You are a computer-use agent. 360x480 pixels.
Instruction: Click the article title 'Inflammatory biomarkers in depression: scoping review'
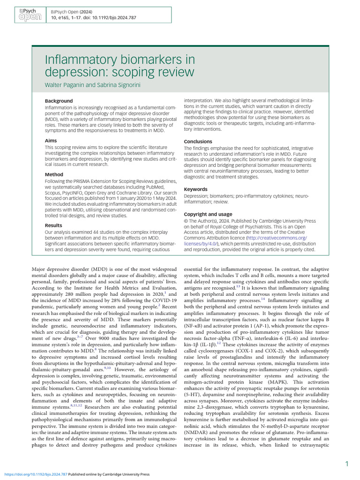pyautogui.click(x=120, y=66)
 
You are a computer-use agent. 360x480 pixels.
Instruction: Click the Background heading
pyautogui.click(x=59, y=101)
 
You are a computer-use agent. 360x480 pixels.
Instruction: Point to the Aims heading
pyautogui.click(x=51, y=140)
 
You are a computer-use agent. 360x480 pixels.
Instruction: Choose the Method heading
pyautogui.click(x=54, y=174)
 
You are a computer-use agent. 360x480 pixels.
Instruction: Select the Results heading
pyautogui.click(x=54, y=225)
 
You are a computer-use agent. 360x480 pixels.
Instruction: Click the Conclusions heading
pyautogui.click(x=198, y=142)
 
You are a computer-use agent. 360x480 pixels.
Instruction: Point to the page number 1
pyautogui.click(x=346, y=464)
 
